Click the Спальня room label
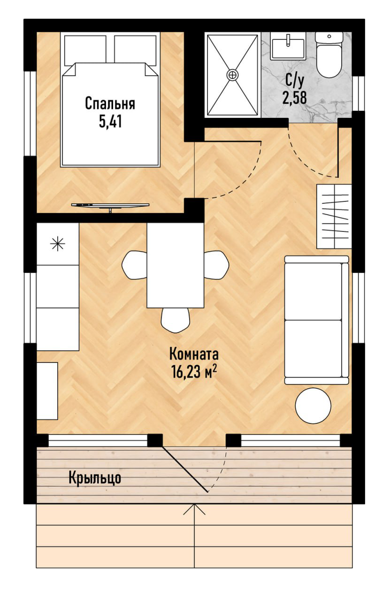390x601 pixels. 110,104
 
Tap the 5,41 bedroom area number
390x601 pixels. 110,122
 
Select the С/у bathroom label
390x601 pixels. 294,81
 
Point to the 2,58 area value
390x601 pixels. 294,98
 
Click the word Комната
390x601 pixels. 194,354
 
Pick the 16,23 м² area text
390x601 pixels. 194,372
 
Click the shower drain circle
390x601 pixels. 232,74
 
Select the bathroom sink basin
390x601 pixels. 288,48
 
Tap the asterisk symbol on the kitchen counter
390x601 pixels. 58,244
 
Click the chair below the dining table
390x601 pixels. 176,320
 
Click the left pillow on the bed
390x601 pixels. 85,49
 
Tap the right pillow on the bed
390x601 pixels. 135,49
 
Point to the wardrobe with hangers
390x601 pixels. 334,216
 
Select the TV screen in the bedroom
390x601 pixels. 110,205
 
